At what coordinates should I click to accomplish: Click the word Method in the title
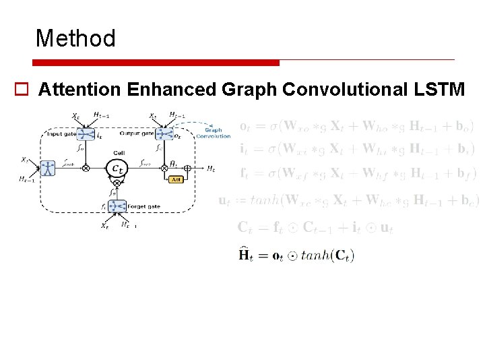[x=75, y=38]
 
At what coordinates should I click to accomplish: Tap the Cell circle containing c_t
[x=117, y=167]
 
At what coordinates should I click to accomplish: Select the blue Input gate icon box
[x=86, y=135]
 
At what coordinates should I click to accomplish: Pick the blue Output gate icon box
[x=164, y=135]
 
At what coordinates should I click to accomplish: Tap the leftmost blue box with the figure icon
[x=47, y=168]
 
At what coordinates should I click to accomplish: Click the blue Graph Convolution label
[x=213, y=133]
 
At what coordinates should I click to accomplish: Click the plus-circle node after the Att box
[x=188, y=168]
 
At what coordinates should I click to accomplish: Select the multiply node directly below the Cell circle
[x=117, y=183]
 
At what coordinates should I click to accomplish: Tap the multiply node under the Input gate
[x=86, y=168]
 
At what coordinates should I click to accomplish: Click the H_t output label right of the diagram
[x=212, y=168]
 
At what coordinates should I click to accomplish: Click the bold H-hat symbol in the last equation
[x=247, y=254]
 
